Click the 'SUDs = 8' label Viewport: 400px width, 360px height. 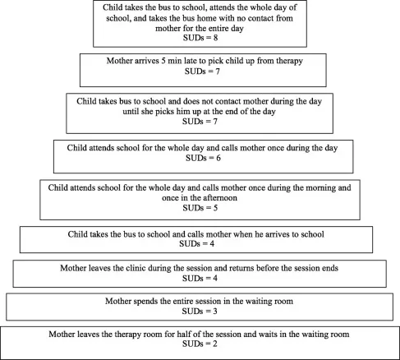(200, 38)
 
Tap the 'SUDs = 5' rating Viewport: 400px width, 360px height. (201, 208)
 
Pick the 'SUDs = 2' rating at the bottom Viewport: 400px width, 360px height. (200, 345)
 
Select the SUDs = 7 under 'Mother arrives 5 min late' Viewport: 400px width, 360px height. (201, 72)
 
